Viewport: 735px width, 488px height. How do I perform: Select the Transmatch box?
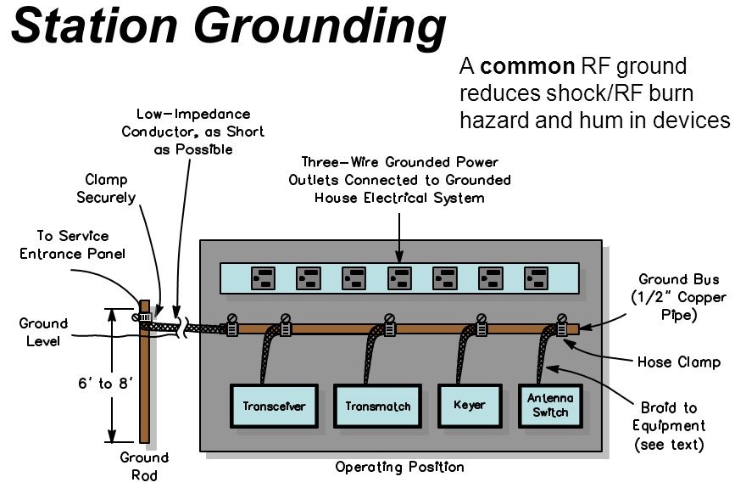(377, 406)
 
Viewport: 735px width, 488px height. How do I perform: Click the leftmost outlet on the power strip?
(261, 278)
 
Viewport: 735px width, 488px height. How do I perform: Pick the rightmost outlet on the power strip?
(537, 278)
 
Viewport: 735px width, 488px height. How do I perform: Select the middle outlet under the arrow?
(398, 278)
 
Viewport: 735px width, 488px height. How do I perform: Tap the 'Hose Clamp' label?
(679, 362)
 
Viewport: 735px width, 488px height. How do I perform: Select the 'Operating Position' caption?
(399, 467)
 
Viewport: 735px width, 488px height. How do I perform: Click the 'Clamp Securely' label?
(110, 188)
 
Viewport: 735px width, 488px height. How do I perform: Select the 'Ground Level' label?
(43, 333)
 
